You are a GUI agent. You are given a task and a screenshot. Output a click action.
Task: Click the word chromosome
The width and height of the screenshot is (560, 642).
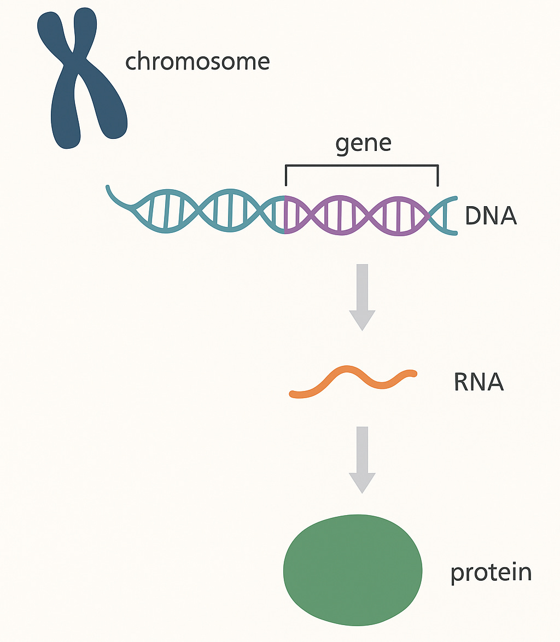point(197,62)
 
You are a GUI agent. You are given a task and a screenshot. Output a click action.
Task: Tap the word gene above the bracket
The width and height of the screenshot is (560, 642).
point(364,143)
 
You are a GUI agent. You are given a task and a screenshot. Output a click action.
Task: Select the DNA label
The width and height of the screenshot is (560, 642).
point(491,216)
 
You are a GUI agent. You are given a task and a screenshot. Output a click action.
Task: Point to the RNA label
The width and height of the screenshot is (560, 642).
point(479,382)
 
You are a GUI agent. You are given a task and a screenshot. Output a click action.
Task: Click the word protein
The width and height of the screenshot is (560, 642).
point(491,573)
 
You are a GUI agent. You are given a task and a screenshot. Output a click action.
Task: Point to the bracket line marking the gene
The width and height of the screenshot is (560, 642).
point(361,164)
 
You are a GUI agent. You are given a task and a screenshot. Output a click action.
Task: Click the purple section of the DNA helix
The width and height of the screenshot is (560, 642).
point(355,215)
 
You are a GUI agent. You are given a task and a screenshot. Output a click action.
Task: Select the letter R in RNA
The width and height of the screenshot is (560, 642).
point(462,382)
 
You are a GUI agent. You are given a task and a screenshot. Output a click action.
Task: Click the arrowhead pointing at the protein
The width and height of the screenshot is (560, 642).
point(362,482)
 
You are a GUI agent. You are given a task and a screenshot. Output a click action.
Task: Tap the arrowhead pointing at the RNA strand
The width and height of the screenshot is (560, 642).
point(362,319)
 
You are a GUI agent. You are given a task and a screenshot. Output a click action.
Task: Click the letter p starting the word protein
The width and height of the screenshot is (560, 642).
point(456,574)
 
